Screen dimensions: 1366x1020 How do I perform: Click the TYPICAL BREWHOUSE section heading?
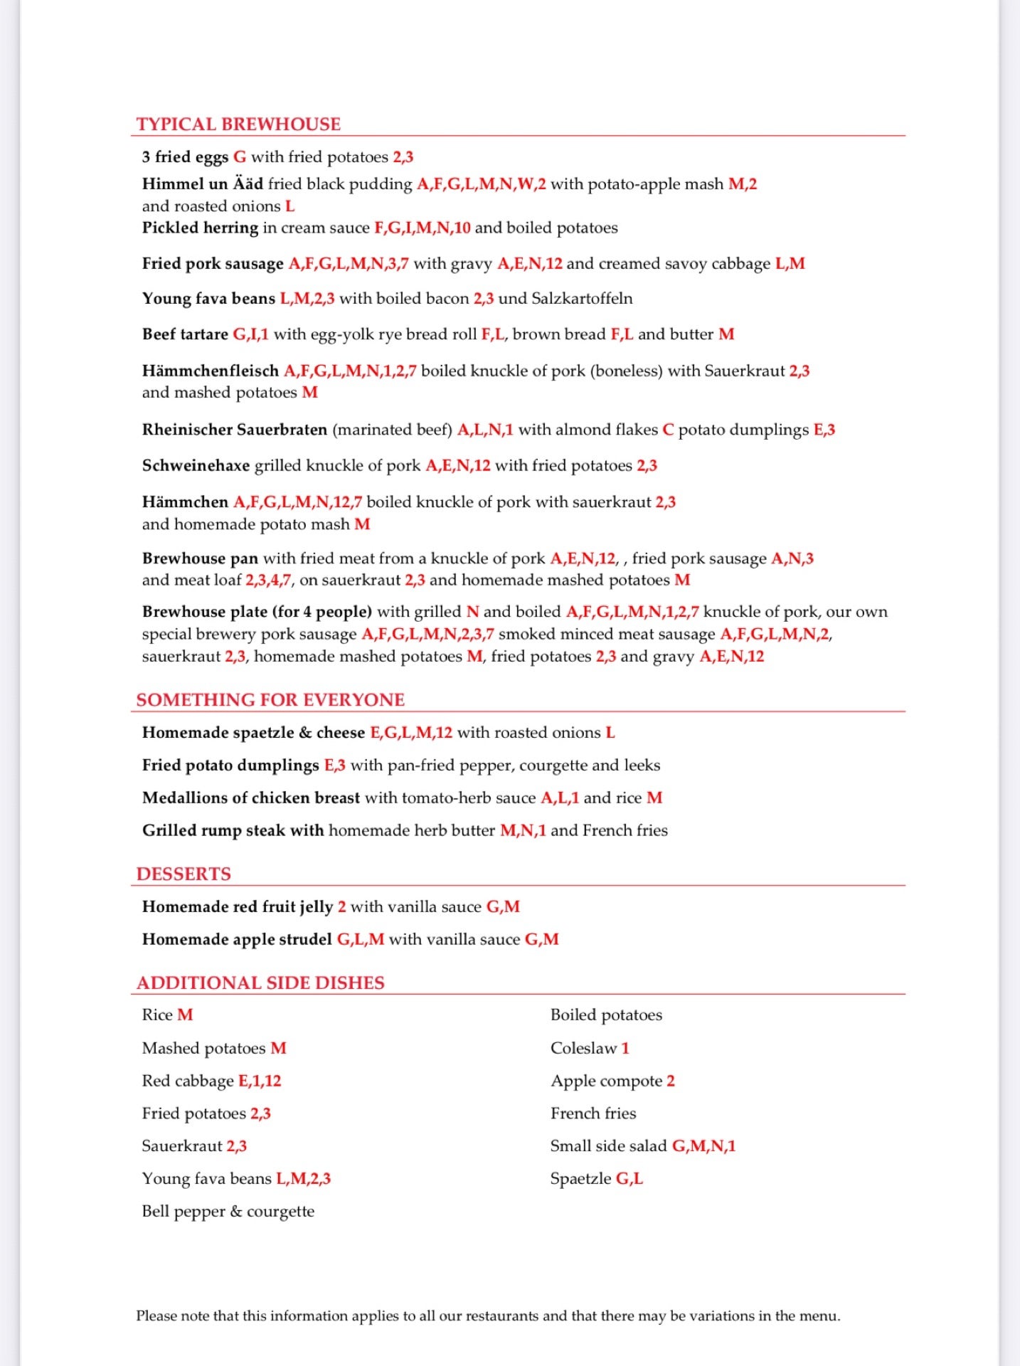(x=238, y=125)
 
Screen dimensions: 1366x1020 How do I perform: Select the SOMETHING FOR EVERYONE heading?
(x=270, y=700)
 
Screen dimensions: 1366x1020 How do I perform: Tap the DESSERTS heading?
(x=184, y=874)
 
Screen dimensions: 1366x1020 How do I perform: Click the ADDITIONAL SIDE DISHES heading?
(x=260, y=983)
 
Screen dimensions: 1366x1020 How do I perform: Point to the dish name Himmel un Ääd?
(x=202, y=184)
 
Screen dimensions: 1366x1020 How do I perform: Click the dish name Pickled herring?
(x=200, y=228)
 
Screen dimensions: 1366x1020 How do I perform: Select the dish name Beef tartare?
(x=185, y=334)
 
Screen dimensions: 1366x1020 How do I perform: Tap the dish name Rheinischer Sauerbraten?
(x=234, y=430)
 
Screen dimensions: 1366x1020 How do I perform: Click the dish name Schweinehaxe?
(x=196, y=466)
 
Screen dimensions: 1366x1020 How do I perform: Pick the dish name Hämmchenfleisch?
(x=210, y=371)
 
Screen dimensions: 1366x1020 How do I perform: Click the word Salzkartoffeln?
(x=582, y=299)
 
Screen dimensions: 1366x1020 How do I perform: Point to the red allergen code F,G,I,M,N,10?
(x=422, y=228)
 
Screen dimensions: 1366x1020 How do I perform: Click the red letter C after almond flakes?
(x=667, y=430)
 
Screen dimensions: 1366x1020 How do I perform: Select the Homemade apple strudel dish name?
(x=237, y=940)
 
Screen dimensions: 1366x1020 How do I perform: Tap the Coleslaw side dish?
(x=583, y=1049)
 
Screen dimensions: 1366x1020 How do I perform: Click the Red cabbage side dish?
(x=188, y=1081)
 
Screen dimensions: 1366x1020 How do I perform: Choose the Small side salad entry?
(x=608, y=1146)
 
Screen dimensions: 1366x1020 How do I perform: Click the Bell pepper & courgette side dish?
(x=228, y=1212)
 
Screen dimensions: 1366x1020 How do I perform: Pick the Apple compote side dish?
(x=606, y=1081)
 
